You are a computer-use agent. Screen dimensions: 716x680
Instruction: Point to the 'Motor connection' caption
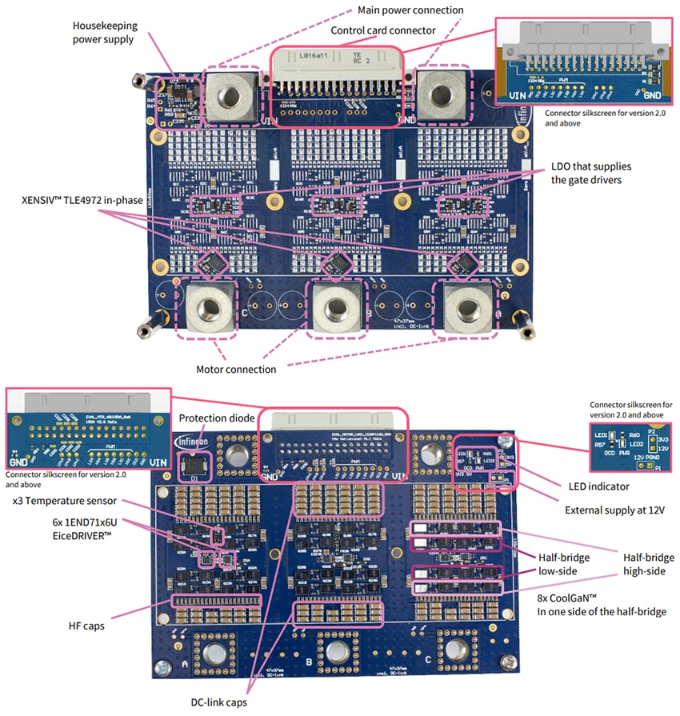click(237, 370)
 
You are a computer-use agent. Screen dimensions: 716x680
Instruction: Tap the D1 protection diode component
click(193, 466)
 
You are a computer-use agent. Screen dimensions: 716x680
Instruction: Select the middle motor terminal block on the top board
click(340, 306)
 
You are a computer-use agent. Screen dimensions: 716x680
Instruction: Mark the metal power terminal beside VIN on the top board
click(231, 94)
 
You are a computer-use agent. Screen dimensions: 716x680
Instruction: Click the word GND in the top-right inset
click(652, 94)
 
